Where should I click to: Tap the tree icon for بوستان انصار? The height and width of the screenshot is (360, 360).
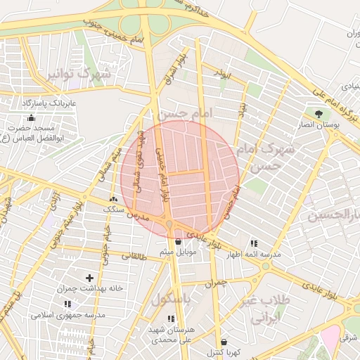(319, 113)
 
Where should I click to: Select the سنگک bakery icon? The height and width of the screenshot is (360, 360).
(113, 200)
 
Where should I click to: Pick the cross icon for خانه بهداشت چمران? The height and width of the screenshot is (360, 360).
(89, 279)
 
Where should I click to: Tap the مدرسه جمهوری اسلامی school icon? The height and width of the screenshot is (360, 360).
(67, 304)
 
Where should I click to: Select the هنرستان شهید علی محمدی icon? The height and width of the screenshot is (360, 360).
(170, 319)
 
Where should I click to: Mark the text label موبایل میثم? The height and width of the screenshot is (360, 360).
(179, 252)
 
